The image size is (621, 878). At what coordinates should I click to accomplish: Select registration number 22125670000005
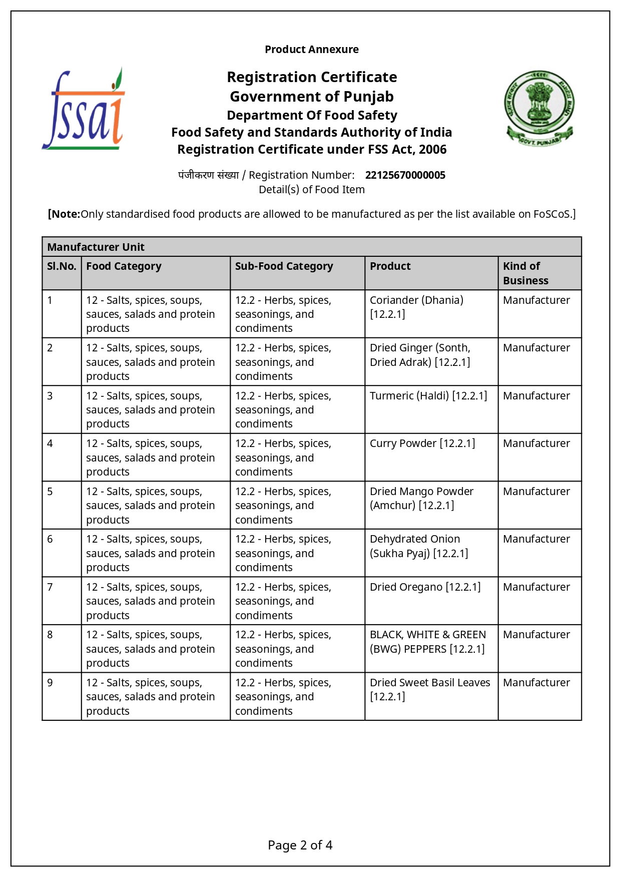click(405, 175)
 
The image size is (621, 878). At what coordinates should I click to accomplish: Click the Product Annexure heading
click(311, 50)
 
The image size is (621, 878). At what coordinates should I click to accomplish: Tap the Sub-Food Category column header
click(284, 266)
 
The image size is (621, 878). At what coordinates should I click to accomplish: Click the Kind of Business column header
click(525, 273)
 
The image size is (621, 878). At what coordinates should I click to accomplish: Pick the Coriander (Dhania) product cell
click(416, 307)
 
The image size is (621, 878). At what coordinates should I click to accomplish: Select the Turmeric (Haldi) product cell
click(428, 396)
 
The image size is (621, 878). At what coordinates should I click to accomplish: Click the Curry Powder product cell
click(422, 444)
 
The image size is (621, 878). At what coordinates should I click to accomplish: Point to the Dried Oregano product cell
click(425, 587)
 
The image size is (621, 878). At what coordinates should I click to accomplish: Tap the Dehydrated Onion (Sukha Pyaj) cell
click(419, 546)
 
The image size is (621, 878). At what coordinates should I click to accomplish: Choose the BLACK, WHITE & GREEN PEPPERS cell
click(427, 642)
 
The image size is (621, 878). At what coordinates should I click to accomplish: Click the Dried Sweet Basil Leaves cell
click(429, 689)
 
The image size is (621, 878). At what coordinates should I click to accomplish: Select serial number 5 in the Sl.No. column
click(50, 492)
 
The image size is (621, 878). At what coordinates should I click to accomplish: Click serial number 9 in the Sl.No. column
click(50, 683)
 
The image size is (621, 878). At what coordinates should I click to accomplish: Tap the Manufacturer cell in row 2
click(536, 348)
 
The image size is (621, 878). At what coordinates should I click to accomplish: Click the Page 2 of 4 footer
click(300, 845)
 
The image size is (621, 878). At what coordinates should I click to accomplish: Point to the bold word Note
click(65, 214)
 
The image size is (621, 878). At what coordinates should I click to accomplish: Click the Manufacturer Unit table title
click(96, 247)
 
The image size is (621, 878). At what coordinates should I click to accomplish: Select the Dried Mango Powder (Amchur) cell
click(421, 499)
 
